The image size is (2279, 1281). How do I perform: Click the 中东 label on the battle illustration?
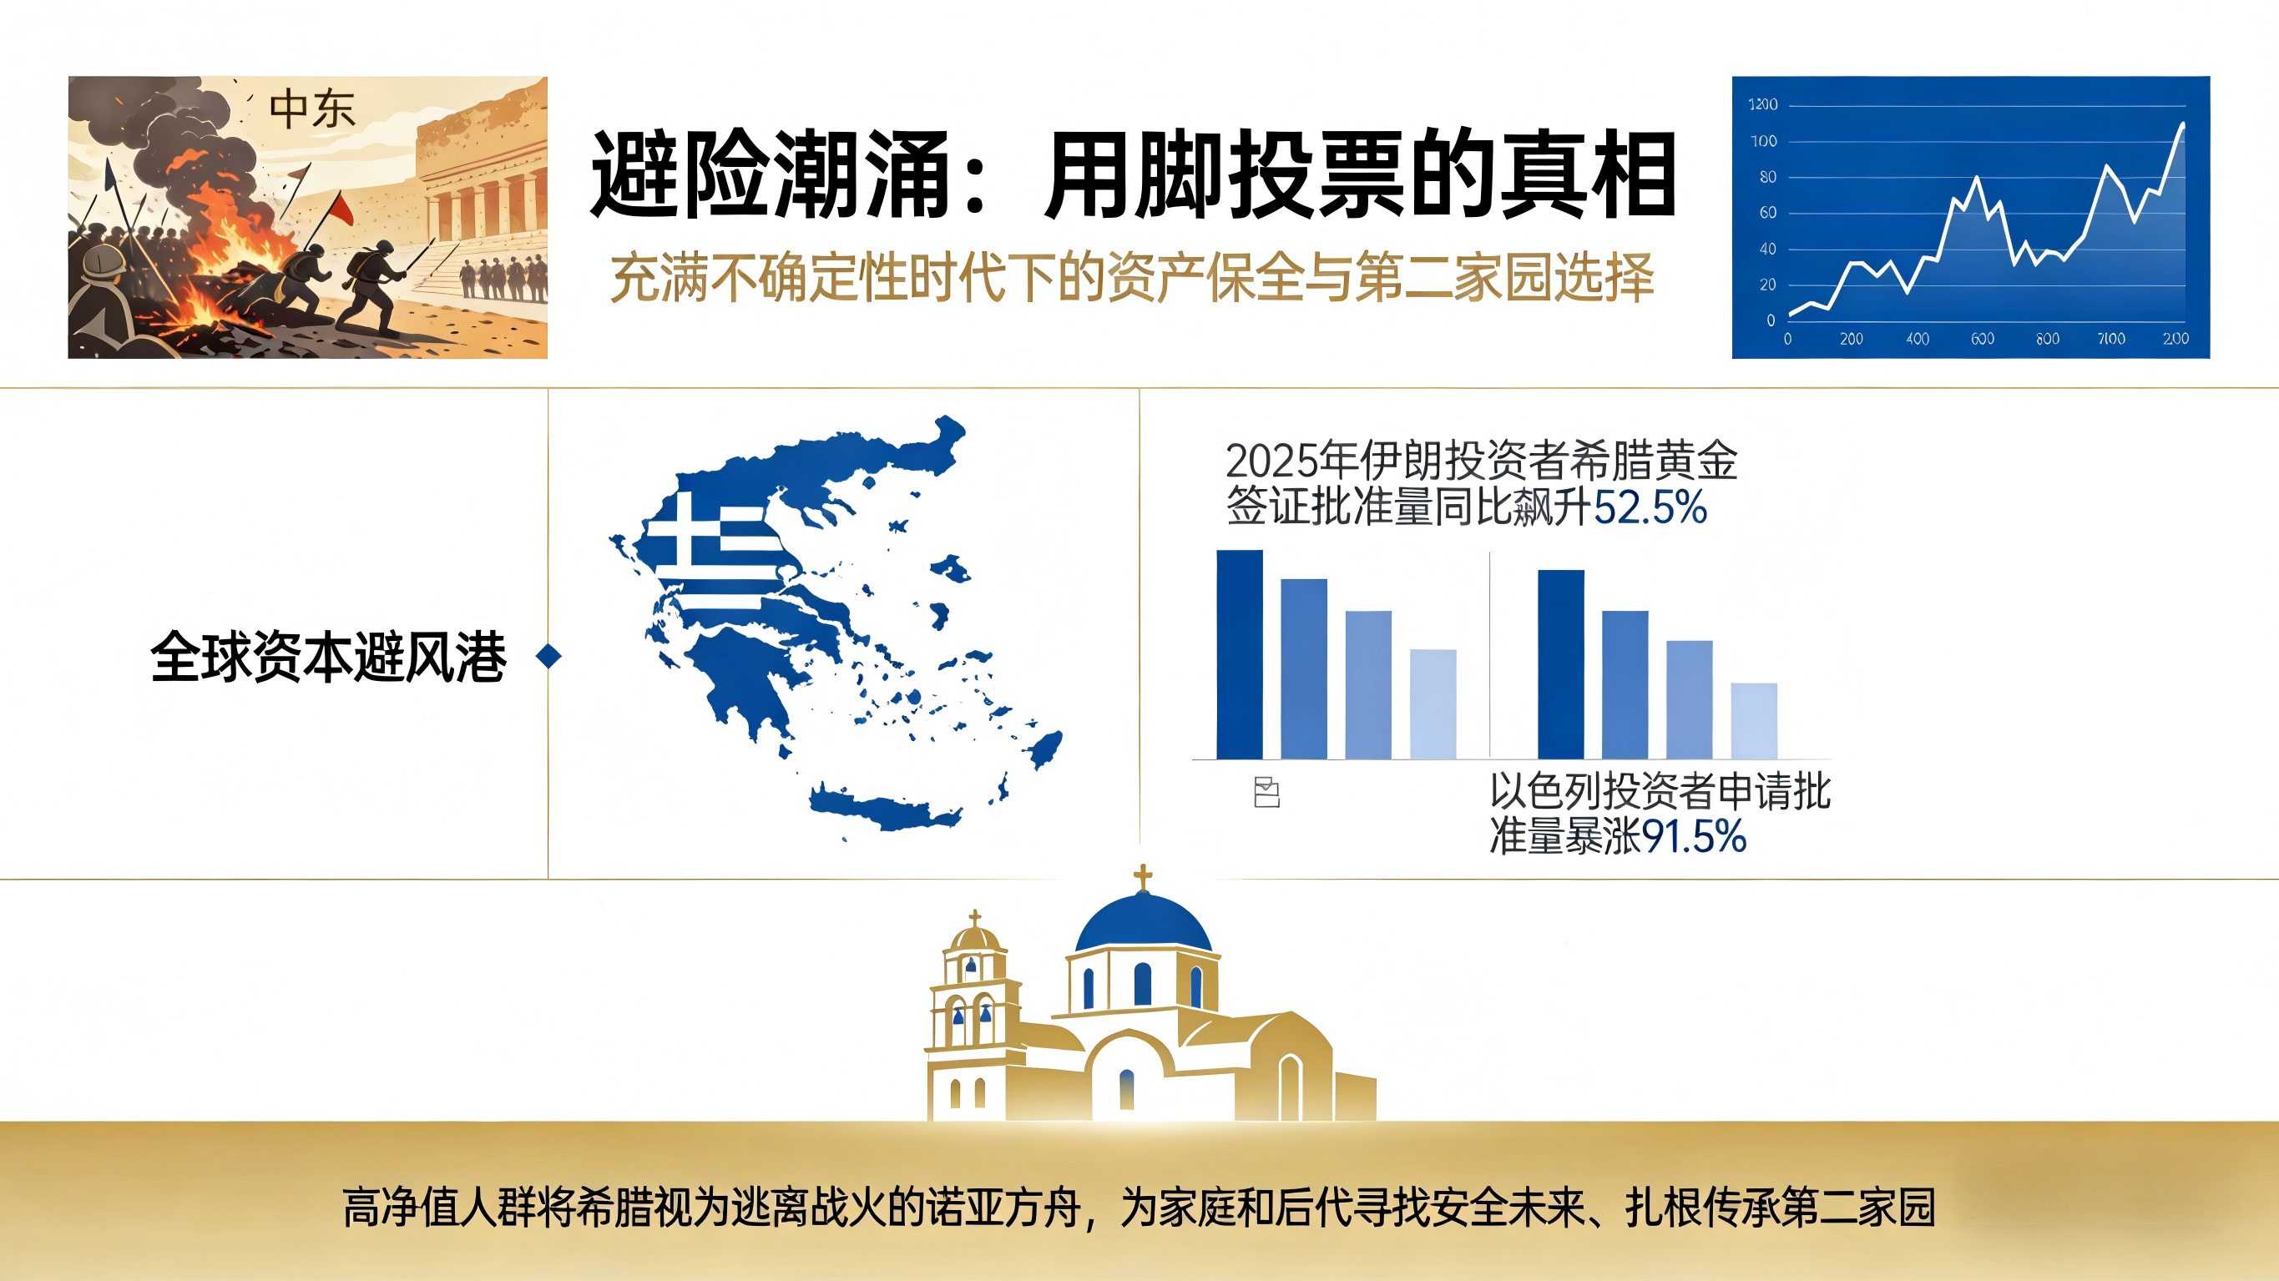click(311, 109)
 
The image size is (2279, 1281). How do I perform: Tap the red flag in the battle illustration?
click(340, 210)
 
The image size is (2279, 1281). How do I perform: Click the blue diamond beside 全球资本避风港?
click(549, 656)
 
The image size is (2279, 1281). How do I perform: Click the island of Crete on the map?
click(885, 809)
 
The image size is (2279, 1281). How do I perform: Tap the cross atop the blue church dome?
click(1143, 878)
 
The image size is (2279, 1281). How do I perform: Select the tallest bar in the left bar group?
click(1240, 654)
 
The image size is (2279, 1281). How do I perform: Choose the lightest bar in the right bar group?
click(1753, 720)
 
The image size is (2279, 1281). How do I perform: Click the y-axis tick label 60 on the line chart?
click(1766, 213)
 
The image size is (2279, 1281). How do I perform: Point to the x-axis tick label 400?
click(1918, 339)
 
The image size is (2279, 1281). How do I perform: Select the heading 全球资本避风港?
click(328, 657)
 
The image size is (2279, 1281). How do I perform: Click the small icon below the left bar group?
click(1267, 793)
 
